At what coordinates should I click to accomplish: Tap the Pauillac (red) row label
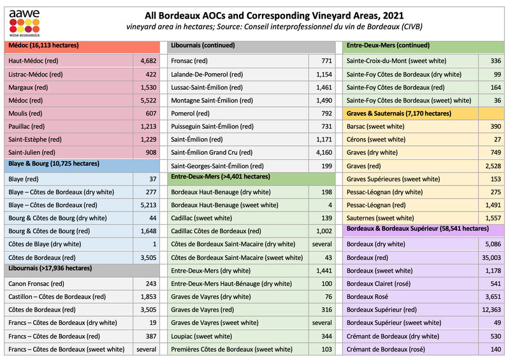pyautogui.click(x=29, y=127)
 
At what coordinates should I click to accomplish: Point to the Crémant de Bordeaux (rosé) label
pyautogui.click(x=386, y=349)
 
